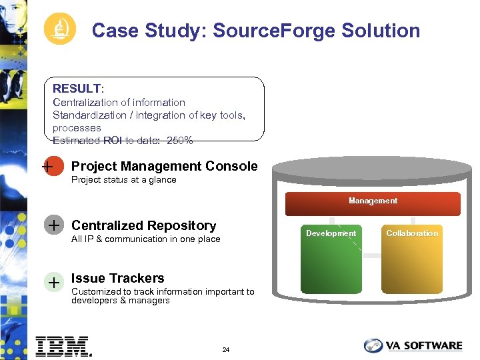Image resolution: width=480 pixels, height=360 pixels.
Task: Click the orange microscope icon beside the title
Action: pyautogui.click(x=60, y=30)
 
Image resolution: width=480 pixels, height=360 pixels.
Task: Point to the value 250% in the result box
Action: pyautogui.click(x=179, y=141)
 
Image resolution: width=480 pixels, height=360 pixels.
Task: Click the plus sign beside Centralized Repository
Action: pyautogui.click(x=53, y=226)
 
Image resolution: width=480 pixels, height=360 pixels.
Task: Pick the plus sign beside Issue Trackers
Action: pyautogui.click(x=53, y=282)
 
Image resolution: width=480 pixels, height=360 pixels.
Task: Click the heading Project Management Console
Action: pyautogui.click(x=164, y=166)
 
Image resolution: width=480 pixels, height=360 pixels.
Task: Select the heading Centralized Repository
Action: pyautogui.click(x=143, y=225)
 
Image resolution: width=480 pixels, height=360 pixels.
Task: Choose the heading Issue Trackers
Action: pyautogui.click(x=117, y=278)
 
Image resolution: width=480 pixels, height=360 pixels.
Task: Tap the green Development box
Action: pyautogui.click(x=331, y=259)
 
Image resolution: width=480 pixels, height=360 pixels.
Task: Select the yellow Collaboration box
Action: pyautogui.click(x=412, y=259)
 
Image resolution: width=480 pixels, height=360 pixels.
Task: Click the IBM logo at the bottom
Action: pyautogui.click(x=63, y=345)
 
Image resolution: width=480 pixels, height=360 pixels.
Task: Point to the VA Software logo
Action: pyautogui.click(x=413, y=345)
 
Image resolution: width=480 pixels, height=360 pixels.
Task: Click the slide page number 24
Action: pyautogui.click(x=226, y=350)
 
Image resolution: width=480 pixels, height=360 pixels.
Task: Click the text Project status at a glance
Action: pyautogui.click(x=123, y=179)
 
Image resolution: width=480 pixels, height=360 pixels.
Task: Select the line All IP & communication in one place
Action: pyautogui.click(x=145, y=239)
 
